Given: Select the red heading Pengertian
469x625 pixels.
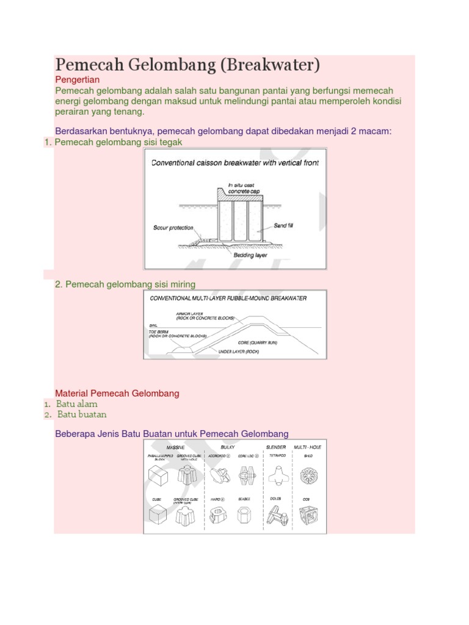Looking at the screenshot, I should tap(77, 80).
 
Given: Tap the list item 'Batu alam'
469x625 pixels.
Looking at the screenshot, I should tap(76, 403).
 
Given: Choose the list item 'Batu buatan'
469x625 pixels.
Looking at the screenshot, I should tap(82, 414).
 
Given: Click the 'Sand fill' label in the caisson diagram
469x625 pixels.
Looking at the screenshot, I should tap(283, 226).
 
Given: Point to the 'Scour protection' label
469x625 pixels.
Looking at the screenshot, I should tap(173, 228).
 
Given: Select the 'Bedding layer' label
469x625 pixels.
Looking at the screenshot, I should tap(250, 255).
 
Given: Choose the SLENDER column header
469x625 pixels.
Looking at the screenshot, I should tap(276, 447).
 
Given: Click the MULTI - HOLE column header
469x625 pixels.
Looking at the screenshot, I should tap(307, 447).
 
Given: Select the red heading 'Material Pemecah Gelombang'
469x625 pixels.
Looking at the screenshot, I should tap(117, 393).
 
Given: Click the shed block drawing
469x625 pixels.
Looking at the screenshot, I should tap(308, 475).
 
